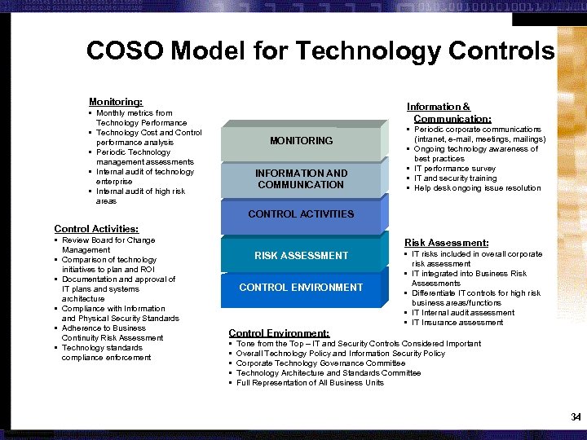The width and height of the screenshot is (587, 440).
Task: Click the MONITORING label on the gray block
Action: (x=301, y=141)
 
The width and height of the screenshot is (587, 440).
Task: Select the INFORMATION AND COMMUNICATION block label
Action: (x=301, y=179)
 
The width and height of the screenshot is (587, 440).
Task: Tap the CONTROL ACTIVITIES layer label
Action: (x=301, y=214)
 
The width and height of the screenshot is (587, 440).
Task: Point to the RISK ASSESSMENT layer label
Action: (x=301, y=256)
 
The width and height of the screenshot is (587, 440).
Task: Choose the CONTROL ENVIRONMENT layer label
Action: (x=301, y=288)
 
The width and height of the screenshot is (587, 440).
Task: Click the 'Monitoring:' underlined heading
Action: (x=116, y=102)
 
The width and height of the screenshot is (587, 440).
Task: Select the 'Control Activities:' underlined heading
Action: (x=96, y=229)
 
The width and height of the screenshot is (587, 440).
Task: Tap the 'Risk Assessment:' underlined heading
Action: (x=447, y=243)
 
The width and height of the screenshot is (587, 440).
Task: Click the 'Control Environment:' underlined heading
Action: (x=279, y=333)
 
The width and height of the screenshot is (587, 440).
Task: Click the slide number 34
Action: (x=576, y=417)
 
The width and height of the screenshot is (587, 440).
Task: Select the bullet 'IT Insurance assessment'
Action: (x=462, y=323)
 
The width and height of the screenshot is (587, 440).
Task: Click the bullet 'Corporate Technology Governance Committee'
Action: (x=320, y=363)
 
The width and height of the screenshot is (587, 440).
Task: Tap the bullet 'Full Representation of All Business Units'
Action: (x=310, y=383)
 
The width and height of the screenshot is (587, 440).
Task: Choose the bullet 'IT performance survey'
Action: (x=455, y=169)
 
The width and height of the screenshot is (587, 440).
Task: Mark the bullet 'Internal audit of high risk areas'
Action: (x=140, y=196)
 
